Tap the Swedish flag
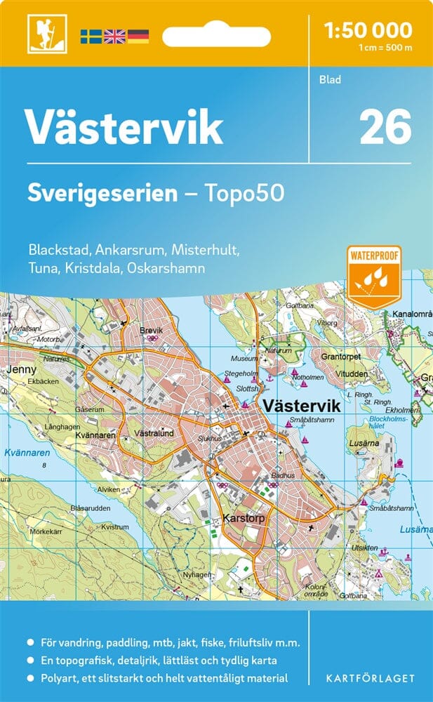click(x=91, y=35)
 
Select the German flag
click(x=138, y=35)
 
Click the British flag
click(x=114, y=35)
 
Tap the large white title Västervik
click(x=124, y=127)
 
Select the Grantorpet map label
click(x=341, y=357)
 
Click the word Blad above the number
click(x=330, y=79)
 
